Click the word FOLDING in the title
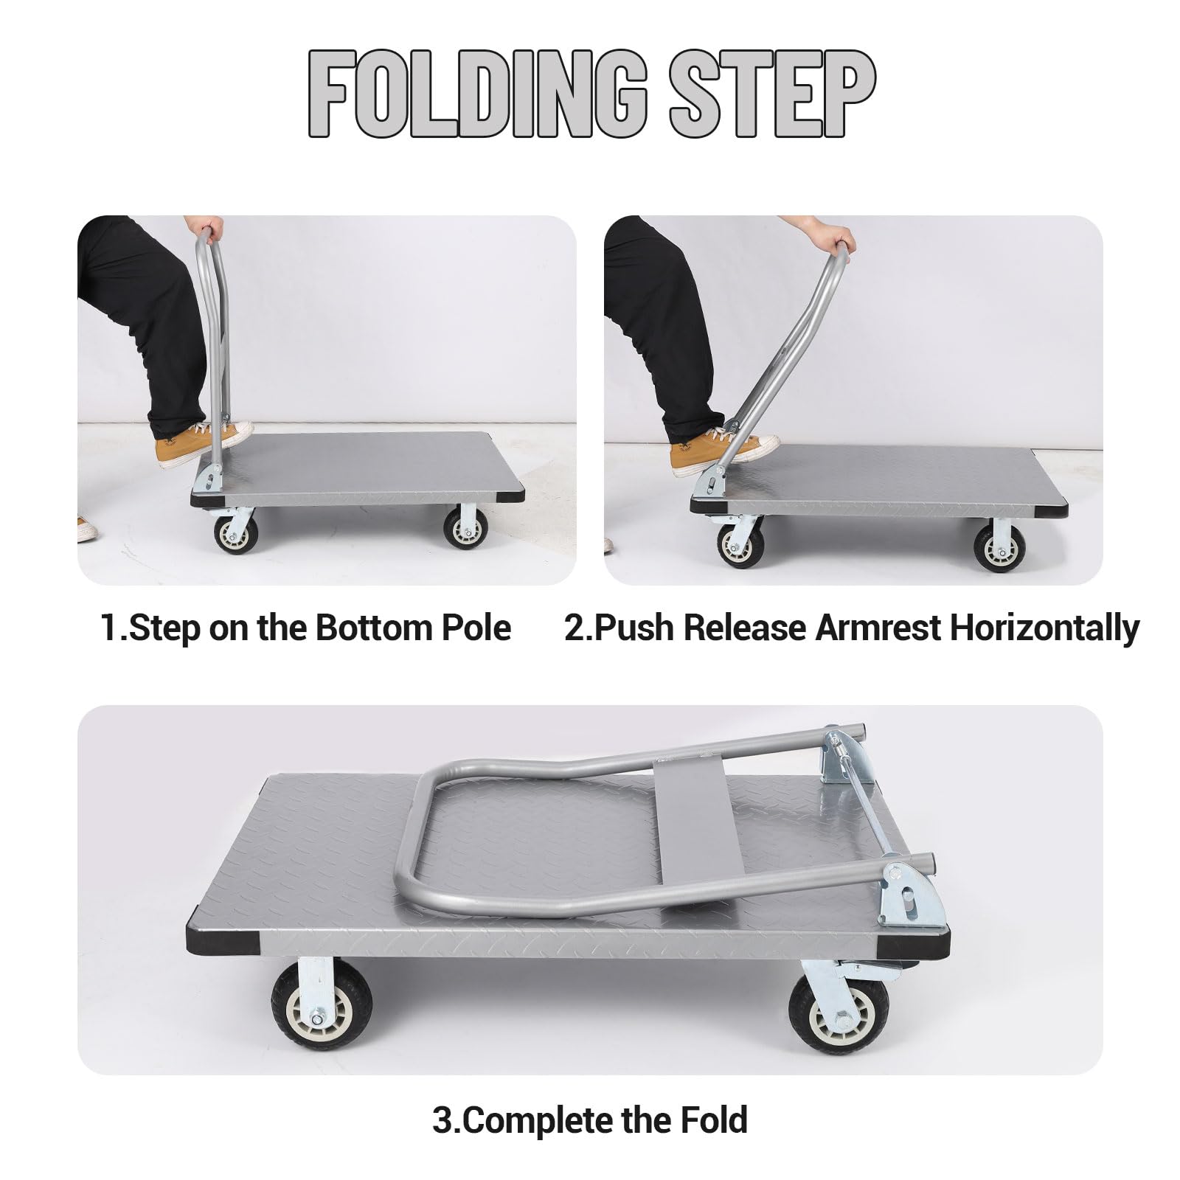pyautogui.click(x=476, y=95)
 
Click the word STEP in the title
pyautogui.click(x=771, y=95)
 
